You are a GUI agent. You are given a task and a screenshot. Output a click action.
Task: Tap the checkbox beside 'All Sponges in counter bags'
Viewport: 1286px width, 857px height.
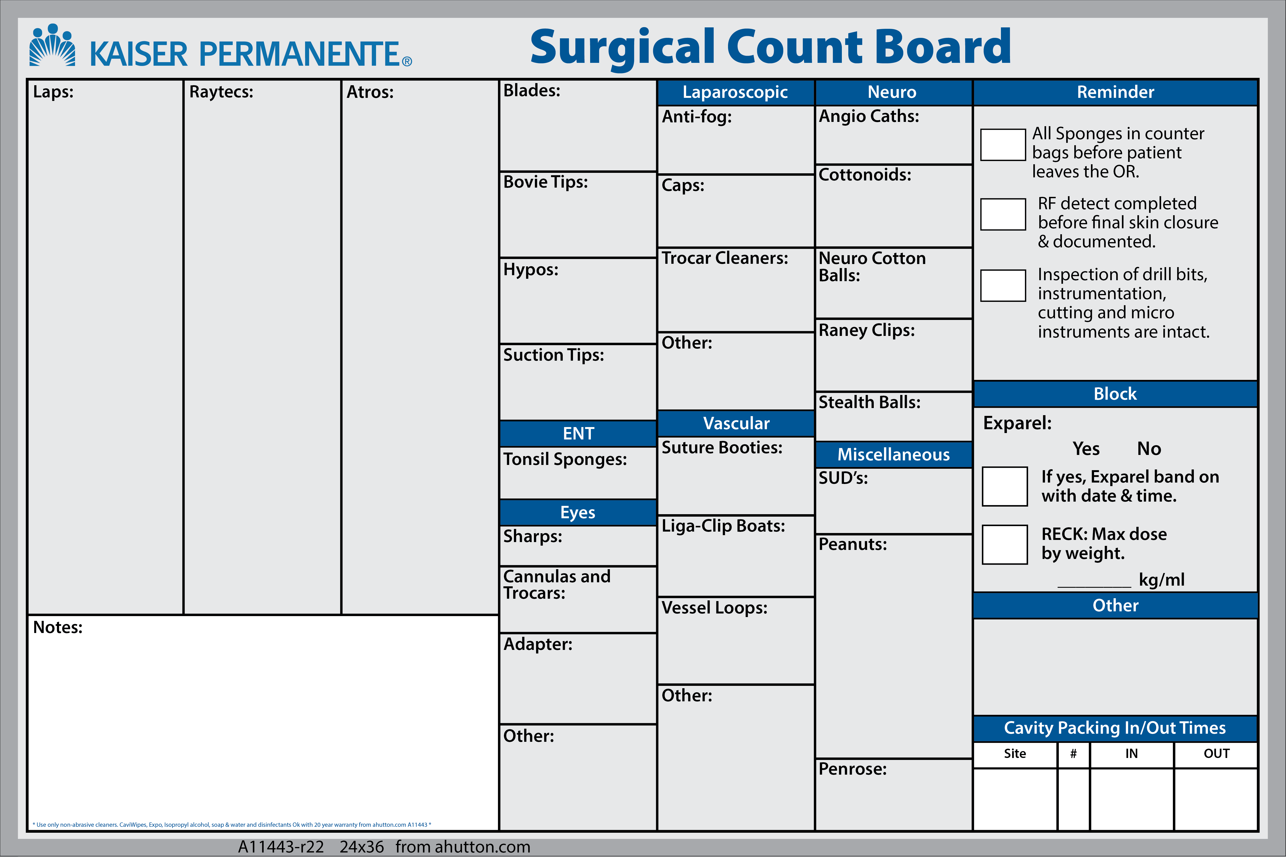1003,145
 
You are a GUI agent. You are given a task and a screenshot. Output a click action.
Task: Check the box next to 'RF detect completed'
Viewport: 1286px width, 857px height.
1003,214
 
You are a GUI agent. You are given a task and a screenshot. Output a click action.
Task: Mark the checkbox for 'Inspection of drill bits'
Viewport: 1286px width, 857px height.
1003,285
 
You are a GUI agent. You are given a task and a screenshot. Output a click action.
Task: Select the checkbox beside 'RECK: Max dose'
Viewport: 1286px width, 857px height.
1005,544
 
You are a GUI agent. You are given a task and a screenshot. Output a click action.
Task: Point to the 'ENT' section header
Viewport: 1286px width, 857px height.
578,433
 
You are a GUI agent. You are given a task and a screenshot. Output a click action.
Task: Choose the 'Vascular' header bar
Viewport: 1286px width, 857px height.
736,423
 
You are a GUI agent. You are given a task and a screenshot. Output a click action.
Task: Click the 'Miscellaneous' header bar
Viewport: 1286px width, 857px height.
894,454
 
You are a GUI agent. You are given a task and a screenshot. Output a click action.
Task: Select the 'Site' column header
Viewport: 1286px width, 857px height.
1015,754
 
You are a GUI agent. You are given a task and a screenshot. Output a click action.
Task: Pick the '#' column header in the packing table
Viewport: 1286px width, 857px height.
1073,754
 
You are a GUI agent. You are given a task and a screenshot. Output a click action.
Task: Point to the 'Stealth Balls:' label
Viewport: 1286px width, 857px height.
869,402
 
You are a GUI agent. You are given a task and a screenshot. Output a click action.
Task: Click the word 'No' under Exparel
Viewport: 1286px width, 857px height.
1149,449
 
